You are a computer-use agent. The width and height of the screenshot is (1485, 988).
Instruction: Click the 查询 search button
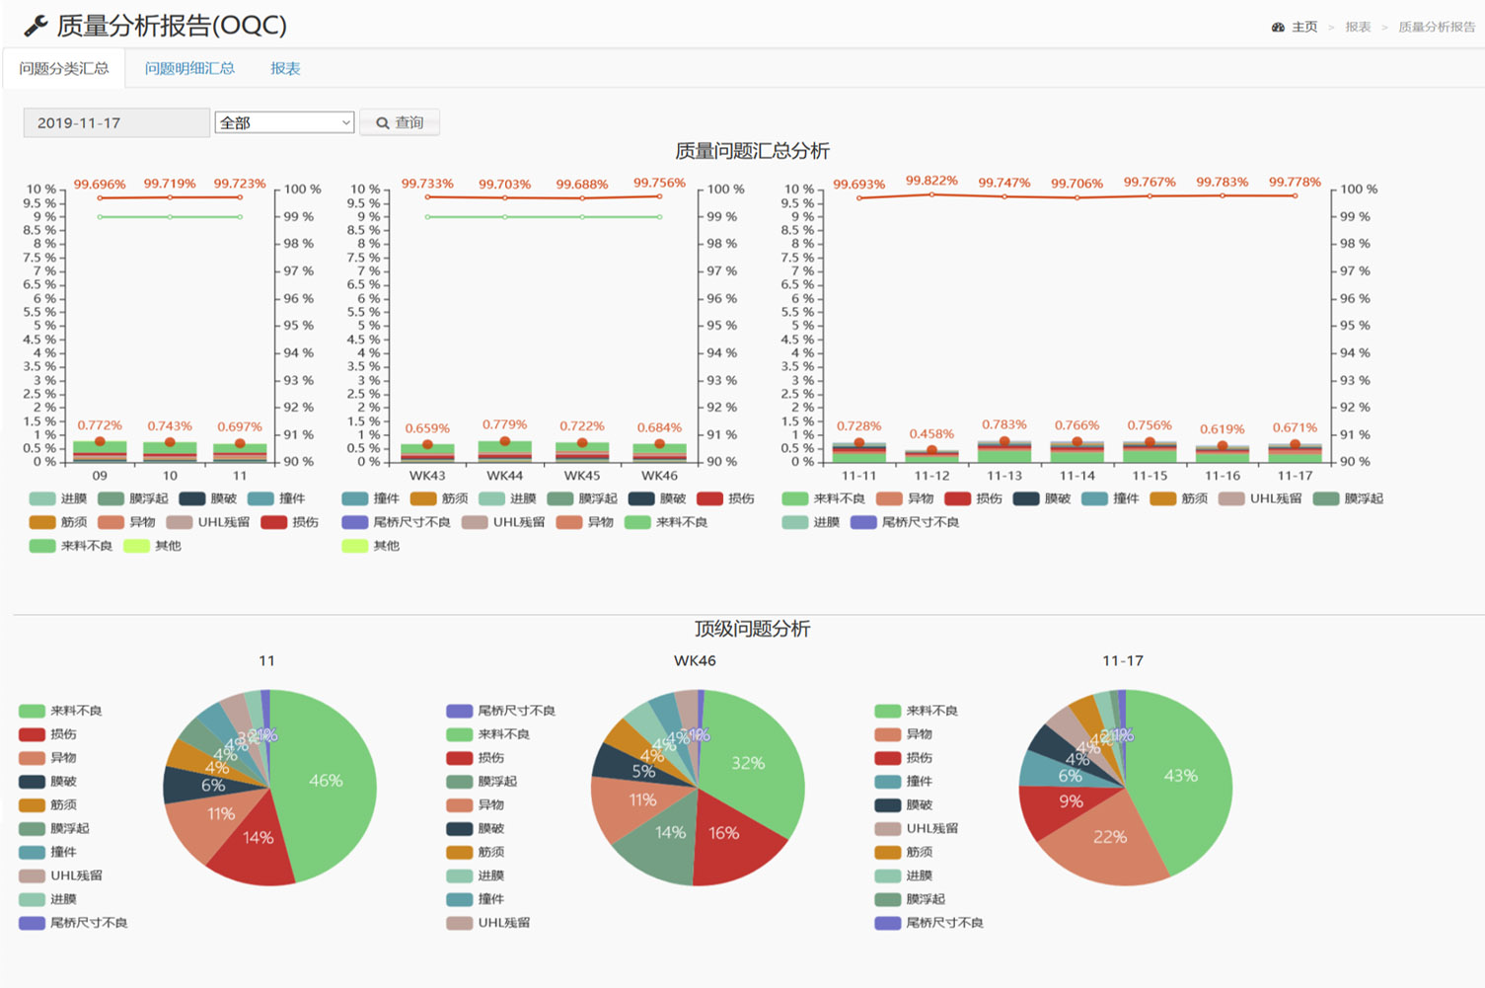coord(400,122)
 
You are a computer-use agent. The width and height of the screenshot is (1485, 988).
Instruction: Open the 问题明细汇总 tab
coord(189,68)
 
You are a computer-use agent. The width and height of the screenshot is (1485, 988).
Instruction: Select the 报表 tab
coord(285,68)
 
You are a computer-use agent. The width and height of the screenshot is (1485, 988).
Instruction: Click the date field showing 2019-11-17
coord(115,122)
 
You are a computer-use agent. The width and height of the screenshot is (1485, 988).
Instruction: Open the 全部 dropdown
coord(284,122)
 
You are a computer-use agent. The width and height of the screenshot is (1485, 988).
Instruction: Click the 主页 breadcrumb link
coord(1303,27)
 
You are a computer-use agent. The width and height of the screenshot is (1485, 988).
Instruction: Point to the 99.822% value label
coord(931,181)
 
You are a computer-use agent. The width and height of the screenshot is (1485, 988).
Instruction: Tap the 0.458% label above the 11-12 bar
coord(931,433)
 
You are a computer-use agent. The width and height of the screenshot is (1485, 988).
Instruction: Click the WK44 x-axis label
coord(504,476)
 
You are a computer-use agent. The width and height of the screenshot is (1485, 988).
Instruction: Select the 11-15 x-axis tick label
coord(1150,476)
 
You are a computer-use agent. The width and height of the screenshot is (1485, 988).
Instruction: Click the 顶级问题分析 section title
coord(752,629)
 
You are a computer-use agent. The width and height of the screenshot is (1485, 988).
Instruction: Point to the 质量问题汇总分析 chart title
coord(752,151)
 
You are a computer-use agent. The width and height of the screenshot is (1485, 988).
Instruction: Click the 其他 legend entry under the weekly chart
coord(375,546)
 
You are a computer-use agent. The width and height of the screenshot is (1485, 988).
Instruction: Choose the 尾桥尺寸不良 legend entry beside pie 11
coord(89,923)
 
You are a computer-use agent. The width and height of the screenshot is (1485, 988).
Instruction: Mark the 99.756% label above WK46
coord(659,183)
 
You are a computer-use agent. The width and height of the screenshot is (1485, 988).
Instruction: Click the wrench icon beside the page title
coord(36,26)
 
